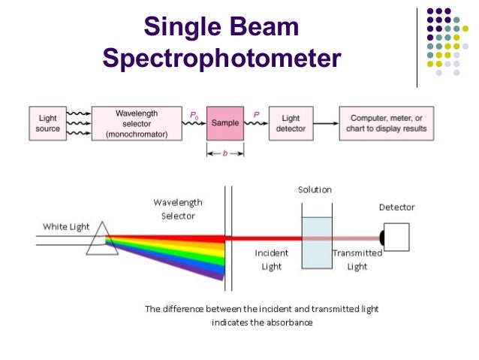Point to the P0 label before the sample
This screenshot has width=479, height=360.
click(x=194, y=114)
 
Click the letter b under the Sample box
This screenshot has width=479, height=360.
click(x=225, y=152)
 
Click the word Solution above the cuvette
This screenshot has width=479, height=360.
click(x=315, y=190)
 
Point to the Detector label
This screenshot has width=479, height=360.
click(x=396, y=207)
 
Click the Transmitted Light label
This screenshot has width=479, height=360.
click(x=357, y=259)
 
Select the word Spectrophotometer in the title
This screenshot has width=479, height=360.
click(x=222, y=58)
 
